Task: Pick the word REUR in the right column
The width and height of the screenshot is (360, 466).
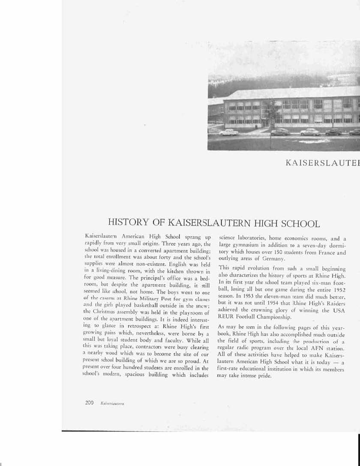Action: tap(226, 318)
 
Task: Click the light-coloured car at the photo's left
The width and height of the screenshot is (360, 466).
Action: tap(228, 132)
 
